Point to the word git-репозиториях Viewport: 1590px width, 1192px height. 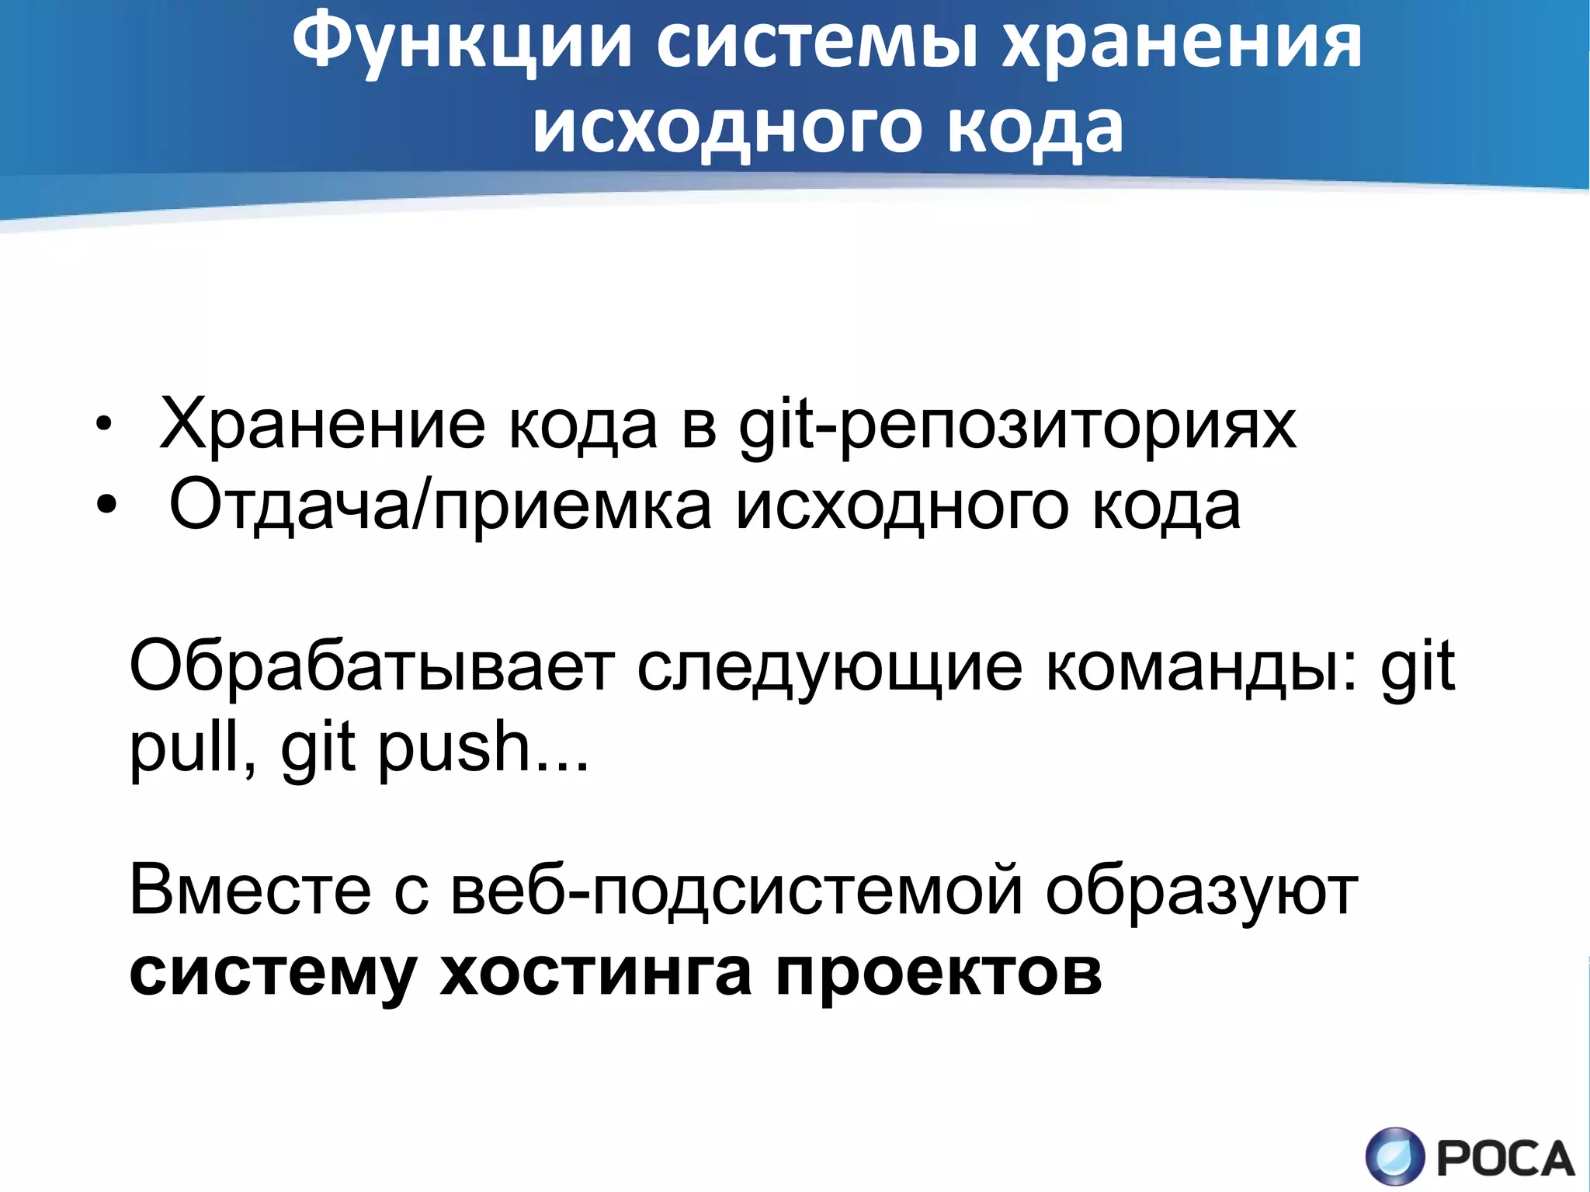[1017, 426]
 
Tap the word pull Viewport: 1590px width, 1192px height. [193, 747]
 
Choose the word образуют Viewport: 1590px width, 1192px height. [1201, 891]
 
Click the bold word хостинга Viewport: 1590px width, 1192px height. [595, 972]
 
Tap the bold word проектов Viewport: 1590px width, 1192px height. [939, 972]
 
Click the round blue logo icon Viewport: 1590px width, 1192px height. [1395, 1156]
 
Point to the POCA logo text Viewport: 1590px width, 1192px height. [1505, 1159]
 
